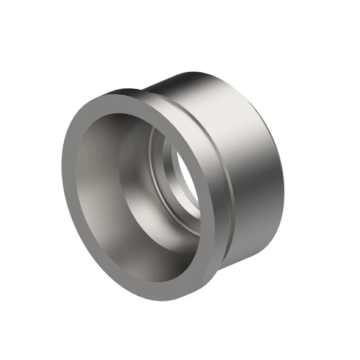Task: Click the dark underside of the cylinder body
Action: pos(243,243)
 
